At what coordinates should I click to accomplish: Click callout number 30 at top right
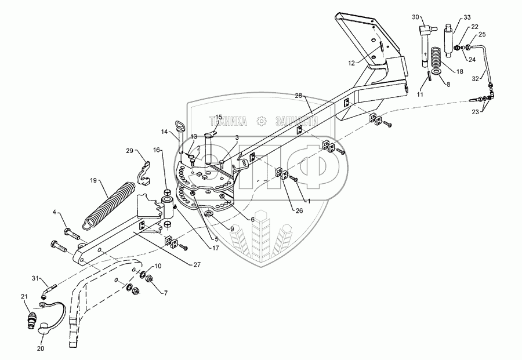point(415,17)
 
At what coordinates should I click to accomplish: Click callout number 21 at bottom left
point(24,297)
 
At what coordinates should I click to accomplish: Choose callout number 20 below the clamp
point(41,348)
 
